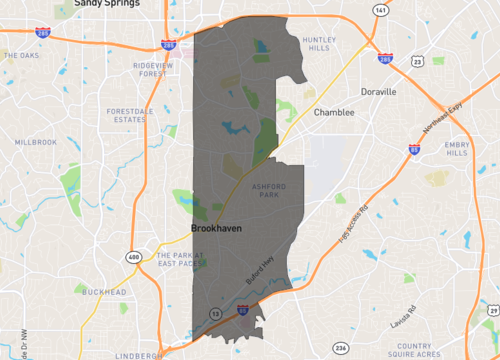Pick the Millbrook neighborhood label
[x=36, y=143]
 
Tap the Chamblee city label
[x=334, y=113]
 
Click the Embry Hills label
[x=457, y=148]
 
